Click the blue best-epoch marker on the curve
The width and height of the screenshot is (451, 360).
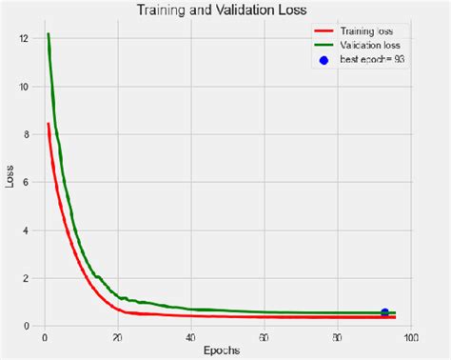coord(384,311)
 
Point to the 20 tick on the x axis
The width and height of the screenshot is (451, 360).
coord(117,337)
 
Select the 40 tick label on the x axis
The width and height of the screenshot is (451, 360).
coord(191,337)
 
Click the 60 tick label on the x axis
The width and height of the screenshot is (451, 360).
coord(265,337)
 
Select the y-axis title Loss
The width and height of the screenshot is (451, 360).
coord(10,177)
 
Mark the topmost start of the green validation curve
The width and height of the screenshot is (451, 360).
coord(48,34)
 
